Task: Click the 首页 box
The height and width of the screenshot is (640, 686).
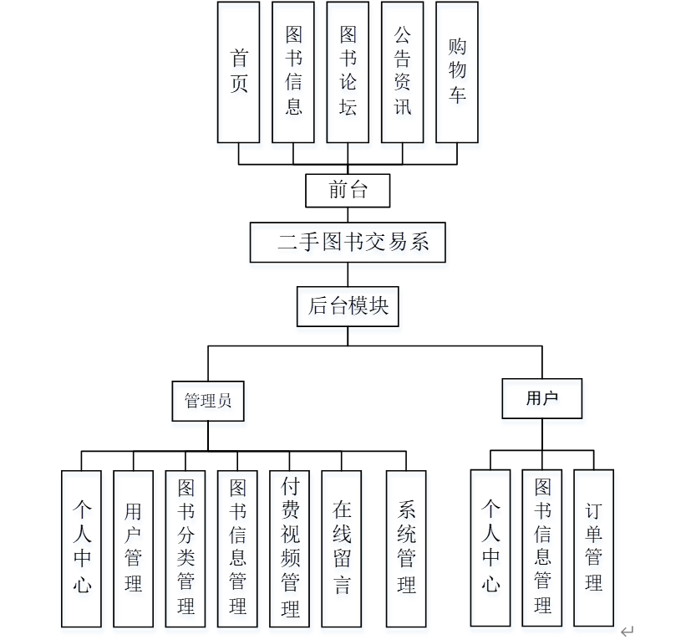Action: pyautogui.click(x=239, y=72)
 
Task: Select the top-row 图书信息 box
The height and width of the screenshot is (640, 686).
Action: pyautogui.click(x=293, y=72)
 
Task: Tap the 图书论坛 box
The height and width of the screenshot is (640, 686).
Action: pyautogui.click(x=348, y=72)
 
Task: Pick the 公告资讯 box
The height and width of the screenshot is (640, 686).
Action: pyautogui.click(x=403, y=72)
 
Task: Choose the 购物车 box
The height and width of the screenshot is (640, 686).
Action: pyautogui.click(x=457, y=72)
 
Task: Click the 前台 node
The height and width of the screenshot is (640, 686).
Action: pyautogui.click(x=348, y=190)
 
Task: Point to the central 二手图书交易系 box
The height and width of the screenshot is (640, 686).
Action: pyautogui.click(x=348, y=243)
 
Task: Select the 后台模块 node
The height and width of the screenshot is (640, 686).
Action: pyautogui.click(x=348, y=306)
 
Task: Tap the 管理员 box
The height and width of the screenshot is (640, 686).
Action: pyautogui.click(x=208, y=400)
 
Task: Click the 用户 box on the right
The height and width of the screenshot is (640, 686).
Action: pyautogui.click(x=541, y=398)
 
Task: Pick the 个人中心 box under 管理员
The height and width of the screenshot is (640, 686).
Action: pyautogui.click(x=81, y=549)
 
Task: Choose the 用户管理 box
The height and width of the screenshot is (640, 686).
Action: pyautogui.click(x=134, y=549)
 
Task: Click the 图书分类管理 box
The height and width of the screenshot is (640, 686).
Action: pyautogui.click(x=185, y=549)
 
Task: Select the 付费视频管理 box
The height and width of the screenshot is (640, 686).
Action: pyautogui.click(x=290, y=549)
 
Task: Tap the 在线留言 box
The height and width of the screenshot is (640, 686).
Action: pyautogui.click(x=343, y=549)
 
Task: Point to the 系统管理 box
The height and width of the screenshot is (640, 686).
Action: pyautogui.click(x=406, y=549)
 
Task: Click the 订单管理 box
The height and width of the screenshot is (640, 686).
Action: pyautogui.click(x=593, y=548)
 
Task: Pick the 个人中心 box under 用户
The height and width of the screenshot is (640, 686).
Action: pyautogui.click(x=490, y=548)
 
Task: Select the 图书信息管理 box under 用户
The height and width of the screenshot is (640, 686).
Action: pyautogui.click(x=542, y=548)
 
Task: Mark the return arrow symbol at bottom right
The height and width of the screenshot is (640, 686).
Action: pyautogui.click(x=628, y=631)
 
